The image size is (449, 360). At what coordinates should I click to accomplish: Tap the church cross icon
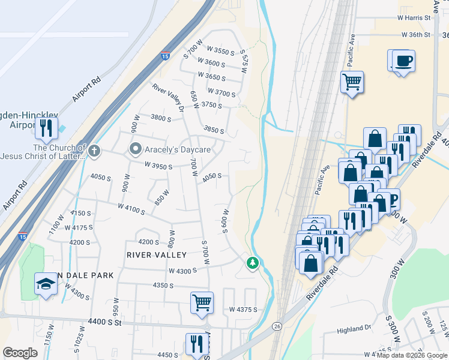click(x=95, y=151)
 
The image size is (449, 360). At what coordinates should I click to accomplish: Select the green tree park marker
click(x=253, y=262)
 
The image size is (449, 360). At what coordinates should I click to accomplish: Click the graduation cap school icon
click(x=46, y=284)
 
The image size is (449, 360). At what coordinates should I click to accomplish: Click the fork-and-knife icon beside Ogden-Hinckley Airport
click(x=46, y=127)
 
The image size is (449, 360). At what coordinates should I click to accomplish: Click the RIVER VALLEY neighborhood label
click(x=154, y=254)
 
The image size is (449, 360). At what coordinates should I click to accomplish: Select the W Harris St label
click(x=414, y=18)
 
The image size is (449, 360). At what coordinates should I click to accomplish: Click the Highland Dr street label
click(x=355, y=329)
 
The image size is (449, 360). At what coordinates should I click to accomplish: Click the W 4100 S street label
click(x=132, y=208)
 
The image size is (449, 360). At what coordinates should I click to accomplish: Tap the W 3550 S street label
click(x=220, y=51)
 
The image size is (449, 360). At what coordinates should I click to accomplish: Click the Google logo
click(x=20, y=353)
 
